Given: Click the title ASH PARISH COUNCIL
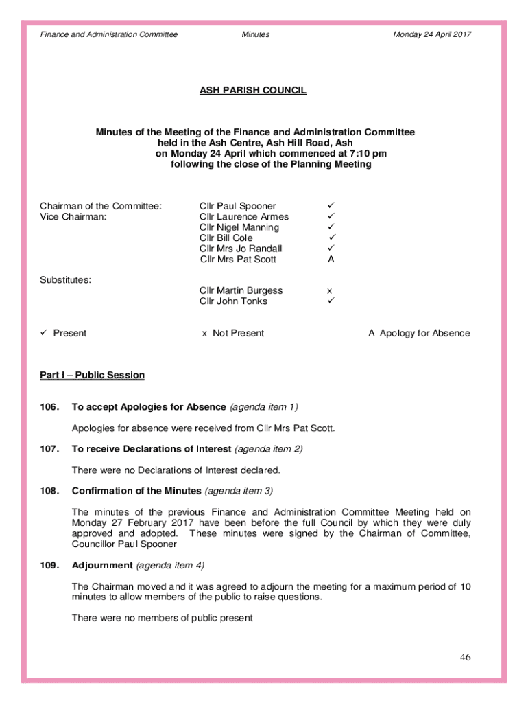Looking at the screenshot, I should [253, 90].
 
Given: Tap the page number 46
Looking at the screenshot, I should [466, 658].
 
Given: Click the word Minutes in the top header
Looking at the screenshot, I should [256, 34].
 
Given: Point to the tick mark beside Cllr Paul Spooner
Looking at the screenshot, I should [330, 206].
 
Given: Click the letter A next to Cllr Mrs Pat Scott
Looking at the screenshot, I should [331, 260].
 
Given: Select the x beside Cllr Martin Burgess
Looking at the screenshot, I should [330, 291].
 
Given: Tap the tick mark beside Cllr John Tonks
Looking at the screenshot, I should [330, 301].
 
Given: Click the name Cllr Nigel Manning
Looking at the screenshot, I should [239, 227].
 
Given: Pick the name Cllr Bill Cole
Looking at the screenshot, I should [226, 238].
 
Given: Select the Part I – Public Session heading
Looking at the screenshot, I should [92, 375].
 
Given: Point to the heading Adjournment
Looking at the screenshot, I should [102, 566].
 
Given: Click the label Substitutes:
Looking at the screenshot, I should [66, 280].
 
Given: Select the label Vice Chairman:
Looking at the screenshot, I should [73, 217].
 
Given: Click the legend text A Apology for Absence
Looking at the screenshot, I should [419, 334].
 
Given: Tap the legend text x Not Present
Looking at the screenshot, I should [232, 334].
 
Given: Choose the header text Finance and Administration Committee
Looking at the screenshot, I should [109, 34].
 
